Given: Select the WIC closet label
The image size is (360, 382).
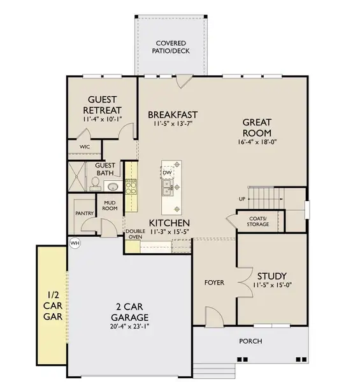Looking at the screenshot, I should coord(85,146).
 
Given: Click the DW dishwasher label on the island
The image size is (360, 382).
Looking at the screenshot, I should coord(167,173).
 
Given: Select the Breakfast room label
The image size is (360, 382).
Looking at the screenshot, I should coord(170,115).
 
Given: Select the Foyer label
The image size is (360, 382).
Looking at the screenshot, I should coord(213,282).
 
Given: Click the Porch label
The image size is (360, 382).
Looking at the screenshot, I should coord(250,341).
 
